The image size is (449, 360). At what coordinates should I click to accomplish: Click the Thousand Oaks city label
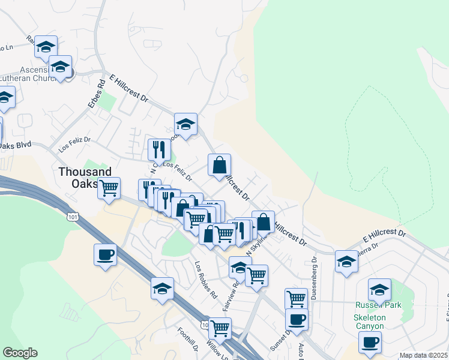77,178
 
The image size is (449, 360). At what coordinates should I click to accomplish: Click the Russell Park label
376,304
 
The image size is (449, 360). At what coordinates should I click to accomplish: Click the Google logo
20,353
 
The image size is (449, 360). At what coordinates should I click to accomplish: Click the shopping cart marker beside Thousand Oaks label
109,188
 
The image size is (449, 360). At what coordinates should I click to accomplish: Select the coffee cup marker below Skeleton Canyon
370,342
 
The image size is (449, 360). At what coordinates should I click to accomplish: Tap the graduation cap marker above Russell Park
379,290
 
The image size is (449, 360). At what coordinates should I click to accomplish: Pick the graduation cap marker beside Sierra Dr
346,261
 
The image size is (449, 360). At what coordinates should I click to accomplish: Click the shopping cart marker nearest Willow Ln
220,328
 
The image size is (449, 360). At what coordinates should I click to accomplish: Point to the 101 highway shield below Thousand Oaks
73,216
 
